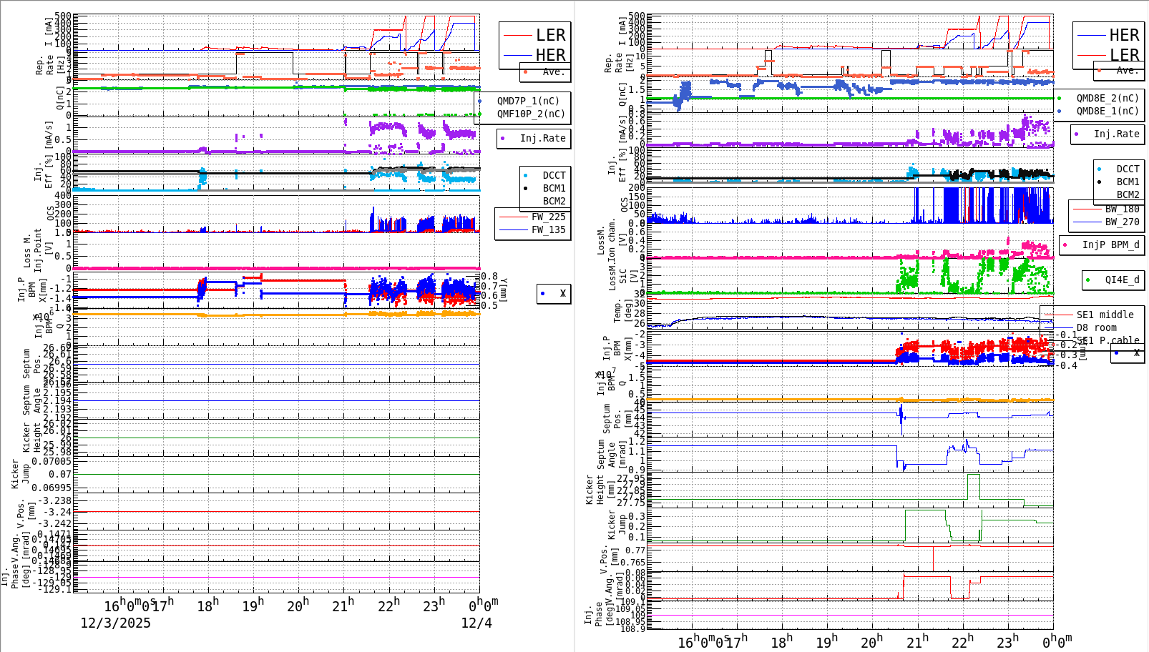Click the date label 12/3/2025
[115, 623]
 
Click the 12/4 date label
[476, 623]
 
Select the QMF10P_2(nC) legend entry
[531, 114]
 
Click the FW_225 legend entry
[548, 217]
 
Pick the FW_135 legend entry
[548, 229]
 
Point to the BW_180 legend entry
[1122, 209]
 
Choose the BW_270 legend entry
[1122, 222]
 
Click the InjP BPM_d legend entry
[1110, 244]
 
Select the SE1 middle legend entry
[1105, 315]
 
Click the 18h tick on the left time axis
[207, 606]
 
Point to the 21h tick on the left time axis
[343, 606]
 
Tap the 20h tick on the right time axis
[871, 642]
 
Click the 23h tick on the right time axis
[1007, 642]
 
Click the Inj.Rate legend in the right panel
[1116, 134]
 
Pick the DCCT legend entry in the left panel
[554, 175]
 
